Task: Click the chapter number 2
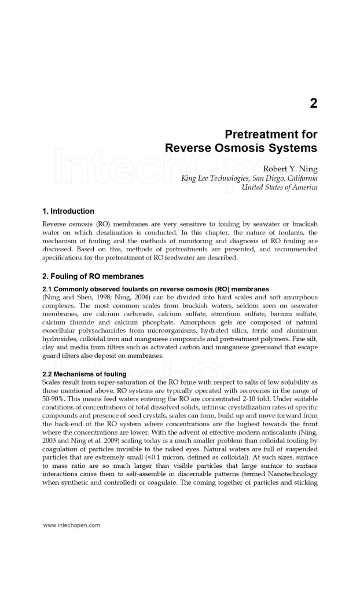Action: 313,104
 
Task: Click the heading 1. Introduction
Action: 68,211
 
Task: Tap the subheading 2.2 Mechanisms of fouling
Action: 85,374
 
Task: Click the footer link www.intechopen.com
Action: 72,525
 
